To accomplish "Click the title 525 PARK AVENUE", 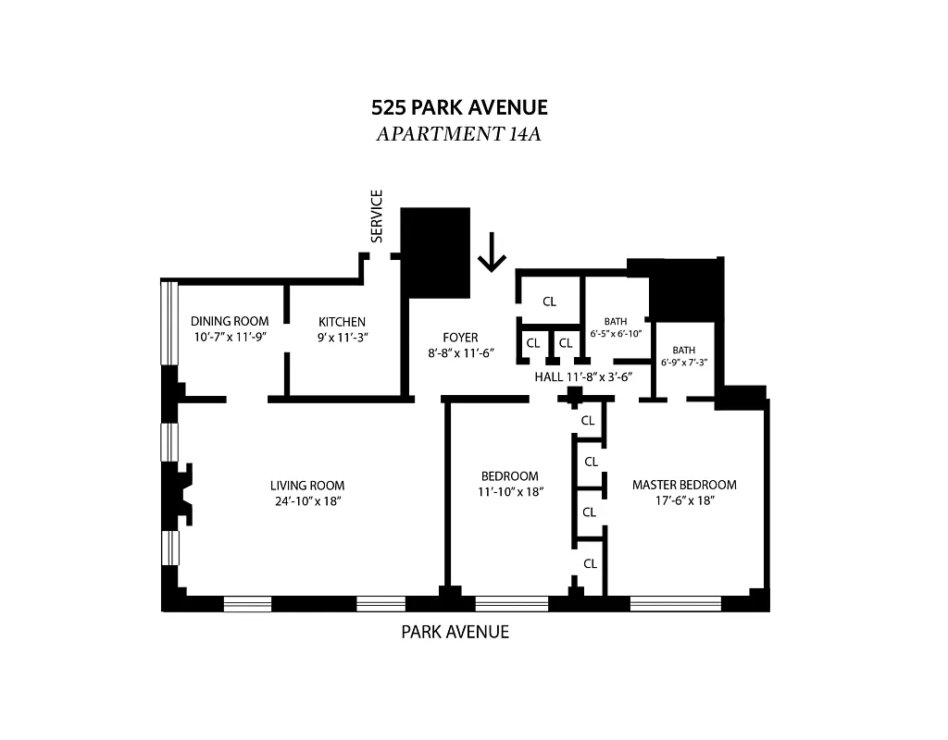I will pos(459,107).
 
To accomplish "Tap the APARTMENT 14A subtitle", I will pos(458,134).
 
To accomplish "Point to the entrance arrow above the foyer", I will pos(492,252).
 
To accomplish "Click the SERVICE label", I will pos(377,216).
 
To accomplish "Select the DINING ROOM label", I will pos(230,322).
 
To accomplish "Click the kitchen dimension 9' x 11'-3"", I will pos(343,338).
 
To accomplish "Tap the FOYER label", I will pos(459,338).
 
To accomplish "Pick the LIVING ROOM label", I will pos(307,486).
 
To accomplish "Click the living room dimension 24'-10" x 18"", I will pos(307,501).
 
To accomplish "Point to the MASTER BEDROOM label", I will pos(684,485).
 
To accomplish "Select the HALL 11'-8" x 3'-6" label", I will pos(582,377).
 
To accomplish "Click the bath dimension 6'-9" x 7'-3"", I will pos(683,364).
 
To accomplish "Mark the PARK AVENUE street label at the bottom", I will pos(455,633).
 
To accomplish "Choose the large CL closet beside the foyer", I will pos(549,302).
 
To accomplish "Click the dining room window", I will pos(168,322).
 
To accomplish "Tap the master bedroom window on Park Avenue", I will pos(675,603).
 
